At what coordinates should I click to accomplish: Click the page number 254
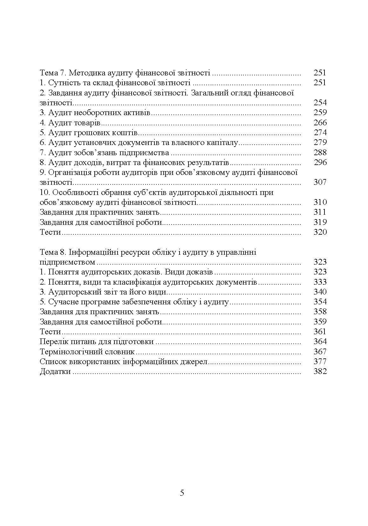pos(320,103)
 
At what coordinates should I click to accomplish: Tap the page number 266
pos(320,122)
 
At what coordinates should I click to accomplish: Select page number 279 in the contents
pos(320,142)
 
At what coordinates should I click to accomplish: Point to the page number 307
pos(320,182)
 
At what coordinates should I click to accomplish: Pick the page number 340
pos(320,292)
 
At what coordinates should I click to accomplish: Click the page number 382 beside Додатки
pos(320,371)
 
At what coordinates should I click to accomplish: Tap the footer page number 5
pos(182,493)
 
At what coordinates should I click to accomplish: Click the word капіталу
pos(223,143)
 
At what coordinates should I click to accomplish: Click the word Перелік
pos(52,342)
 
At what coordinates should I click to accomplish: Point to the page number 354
pos(320,302)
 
